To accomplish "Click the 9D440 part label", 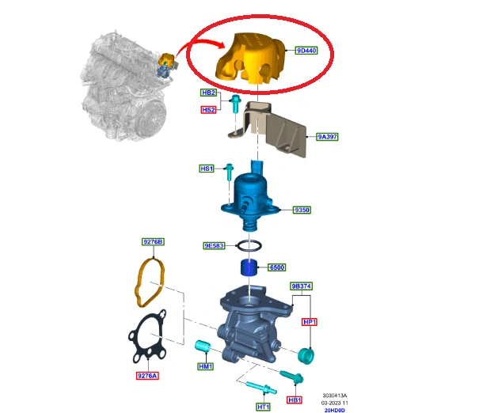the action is (x=306, y=51).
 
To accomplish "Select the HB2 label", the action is (x=209, y=93).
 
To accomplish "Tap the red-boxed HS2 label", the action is (x=209, y=110).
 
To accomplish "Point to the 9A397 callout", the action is (x=327, y=137).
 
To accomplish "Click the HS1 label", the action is (x=207, y=169).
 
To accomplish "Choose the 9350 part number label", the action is (x=302, y=210).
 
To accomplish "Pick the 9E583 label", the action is (x=214, y=246).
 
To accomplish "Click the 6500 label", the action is (x=277, y=267).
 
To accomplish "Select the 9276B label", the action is (x=153, y=242).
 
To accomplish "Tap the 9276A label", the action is (x=147, y=376).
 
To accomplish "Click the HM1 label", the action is (x=205, y=366).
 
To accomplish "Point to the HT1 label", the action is (x=263, y=407).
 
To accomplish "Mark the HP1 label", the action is (x=310, y=322).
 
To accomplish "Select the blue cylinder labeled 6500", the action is (x=249, y=267).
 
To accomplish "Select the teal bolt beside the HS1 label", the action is (x=229, y=172).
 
